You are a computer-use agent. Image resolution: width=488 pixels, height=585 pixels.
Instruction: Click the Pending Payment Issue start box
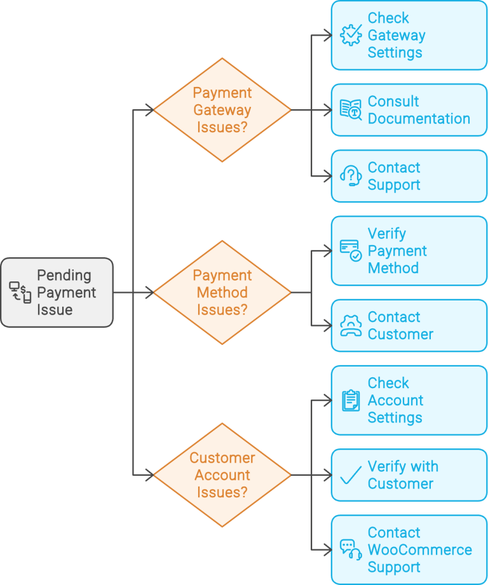coord(57,292)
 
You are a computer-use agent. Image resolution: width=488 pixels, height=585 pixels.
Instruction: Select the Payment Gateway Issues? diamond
coord(222,110)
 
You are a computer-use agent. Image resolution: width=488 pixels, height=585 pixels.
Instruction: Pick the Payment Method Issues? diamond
coord(222,292)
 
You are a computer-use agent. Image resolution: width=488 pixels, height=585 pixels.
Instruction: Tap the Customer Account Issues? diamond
coord(222,475)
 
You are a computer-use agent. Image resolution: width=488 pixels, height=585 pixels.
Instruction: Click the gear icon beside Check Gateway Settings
coord(351,36)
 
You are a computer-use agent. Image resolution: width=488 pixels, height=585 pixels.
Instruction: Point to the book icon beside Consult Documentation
coord(351,110)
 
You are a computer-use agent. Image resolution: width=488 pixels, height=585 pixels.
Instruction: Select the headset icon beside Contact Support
coord(351,176)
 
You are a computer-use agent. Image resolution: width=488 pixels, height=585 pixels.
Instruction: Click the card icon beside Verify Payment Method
coord(351,250)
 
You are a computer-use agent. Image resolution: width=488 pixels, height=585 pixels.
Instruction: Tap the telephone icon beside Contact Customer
coord(351,325)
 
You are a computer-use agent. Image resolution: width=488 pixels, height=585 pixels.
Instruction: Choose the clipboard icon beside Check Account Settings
coord(351,400)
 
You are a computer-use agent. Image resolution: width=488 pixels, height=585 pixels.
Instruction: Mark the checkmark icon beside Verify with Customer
coord(351,475)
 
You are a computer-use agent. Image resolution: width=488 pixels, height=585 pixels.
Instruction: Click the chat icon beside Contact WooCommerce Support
coord(351,549)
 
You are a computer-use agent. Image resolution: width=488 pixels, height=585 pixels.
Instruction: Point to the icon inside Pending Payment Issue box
coord(20,292)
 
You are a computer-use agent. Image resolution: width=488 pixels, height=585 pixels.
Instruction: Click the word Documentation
coord(419,119)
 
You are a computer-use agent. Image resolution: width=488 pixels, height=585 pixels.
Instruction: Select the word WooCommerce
coord(419,550)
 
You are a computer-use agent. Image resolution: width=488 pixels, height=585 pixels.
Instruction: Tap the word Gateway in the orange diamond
coord(222,110)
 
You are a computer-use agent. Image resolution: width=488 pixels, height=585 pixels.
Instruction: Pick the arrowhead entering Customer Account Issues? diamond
coord(149,475)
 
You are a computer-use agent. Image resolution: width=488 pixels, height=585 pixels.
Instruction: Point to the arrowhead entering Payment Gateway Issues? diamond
coord(149,110)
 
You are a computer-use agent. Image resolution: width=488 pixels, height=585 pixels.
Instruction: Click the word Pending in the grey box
coord(64,276)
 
